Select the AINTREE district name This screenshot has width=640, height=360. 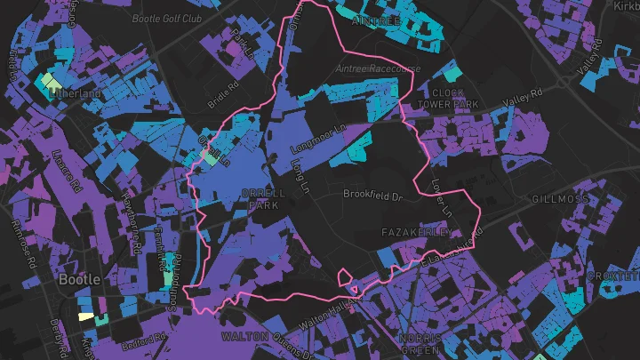[378, 18]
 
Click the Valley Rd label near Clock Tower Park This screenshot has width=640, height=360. [522, 99]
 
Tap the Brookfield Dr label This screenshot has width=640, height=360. [373, 193]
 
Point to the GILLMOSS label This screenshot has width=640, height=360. [560, 199]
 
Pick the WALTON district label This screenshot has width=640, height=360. [244, 337]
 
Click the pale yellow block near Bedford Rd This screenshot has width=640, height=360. [85, 316]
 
